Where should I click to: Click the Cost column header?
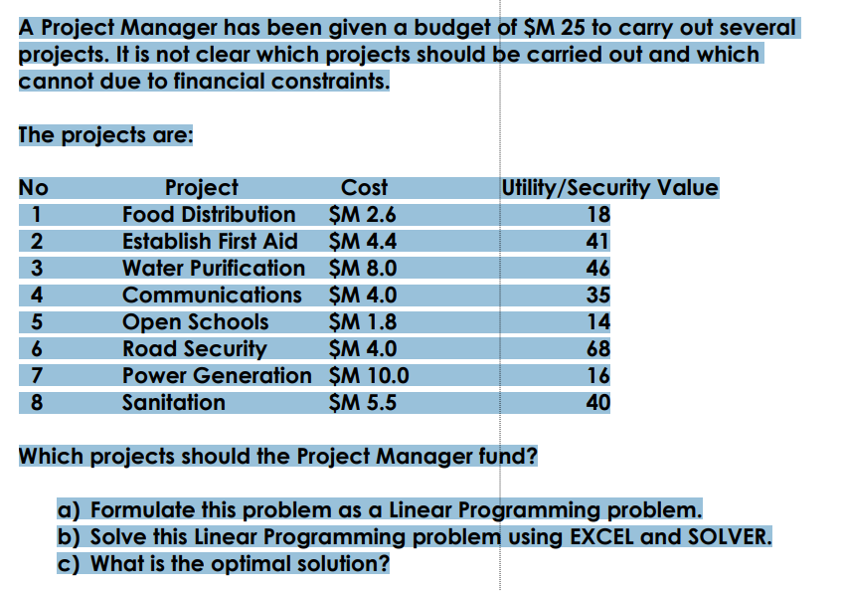364,187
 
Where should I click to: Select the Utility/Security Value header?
610,187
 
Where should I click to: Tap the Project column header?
201,187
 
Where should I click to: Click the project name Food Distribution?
209,214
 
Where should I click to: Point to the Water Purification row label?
214,268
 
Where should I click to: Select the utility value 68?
598,348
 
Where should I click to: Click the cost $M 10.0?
367,375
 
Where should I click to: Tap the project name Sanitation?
173,402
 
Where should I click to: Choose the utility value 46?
598,268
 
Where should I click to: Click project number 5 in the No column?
36,321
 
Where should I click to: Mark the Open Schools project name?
195,321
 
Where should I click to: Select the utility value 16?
598,375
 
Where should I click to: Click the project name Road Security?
194,348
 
